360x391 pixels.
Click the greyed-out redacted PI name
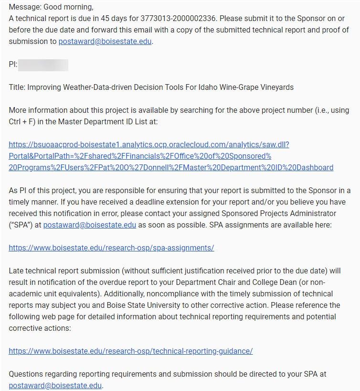[x=43, y=65]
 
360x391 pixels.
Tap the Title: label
[x=17, y=87]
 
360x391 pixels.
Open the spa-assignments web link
[x=111, y=248]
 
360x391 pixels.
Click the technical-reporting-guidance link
[x=130, y=351]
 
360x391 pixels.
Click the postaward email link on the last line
[x=55, y=385]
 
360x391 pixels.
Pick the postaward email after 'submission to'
[x=105, y=42]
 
